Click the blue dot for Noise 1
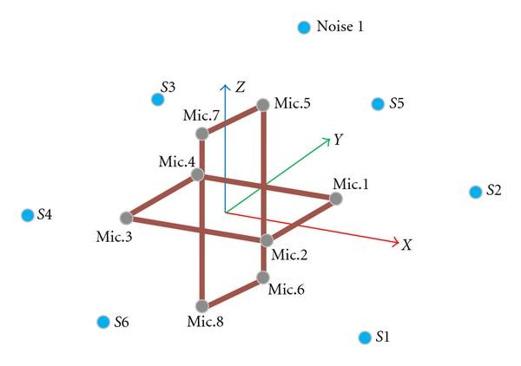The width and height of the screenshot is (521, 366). [304, 28]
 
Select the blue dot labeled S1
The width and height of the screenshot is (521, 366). [364, 337]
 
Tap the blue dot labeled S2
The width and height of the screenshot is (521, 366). [475, 192]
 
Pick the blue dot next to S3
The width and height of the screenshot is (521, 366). [157, 99]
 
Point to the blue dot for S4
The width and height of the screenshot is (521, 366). [27, 215]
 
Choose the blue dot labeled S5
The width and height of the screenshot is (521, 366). [378, 104]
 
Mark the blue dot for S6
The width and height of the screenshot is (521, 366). [103, 322]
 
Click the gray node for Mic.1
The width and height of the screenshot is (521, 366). [336, 199]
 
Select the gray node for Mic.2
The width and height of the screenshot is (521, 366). [267, 240]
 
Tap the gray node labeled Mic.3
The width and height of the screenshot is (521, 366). [126, 217]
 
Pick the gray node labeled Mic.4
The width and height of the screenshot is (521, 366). [197, 174]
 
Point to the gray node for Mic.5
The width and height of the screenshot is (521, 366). [263, 106]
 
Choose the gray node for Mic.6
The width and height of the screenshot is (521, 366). [262, 278]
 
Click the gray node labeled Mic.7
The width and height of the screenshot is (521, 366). [201, 134]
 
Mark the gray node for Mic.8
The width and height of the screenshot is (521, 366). [201, 305]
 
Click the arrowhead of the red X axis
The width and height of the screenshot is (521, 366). [397, 242]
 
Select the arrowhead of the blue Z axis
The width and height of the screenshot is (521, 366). [225, 87]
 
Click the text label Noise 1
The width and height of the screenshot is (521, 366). [340, 27]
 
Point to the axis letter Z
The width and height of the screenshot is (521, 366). [241, 87]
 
